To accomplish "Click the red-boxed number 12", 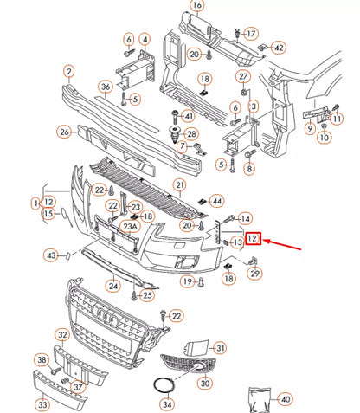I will [x=253, y=239].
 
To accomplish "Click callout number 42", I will [x=278, y=48].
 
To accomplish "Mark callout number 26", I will [x=64, y=132].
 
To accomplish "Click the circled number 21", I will [x=203, y=185].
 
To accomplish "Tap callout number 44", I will [x=217, y=200].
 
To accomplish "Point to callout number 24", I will [x=112, y=284].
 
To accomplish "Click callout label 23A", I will [x=130, y=227].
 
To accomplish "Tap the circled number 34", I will [x=167, y=403].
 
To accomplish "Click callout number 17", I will [x=251, y=34].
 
